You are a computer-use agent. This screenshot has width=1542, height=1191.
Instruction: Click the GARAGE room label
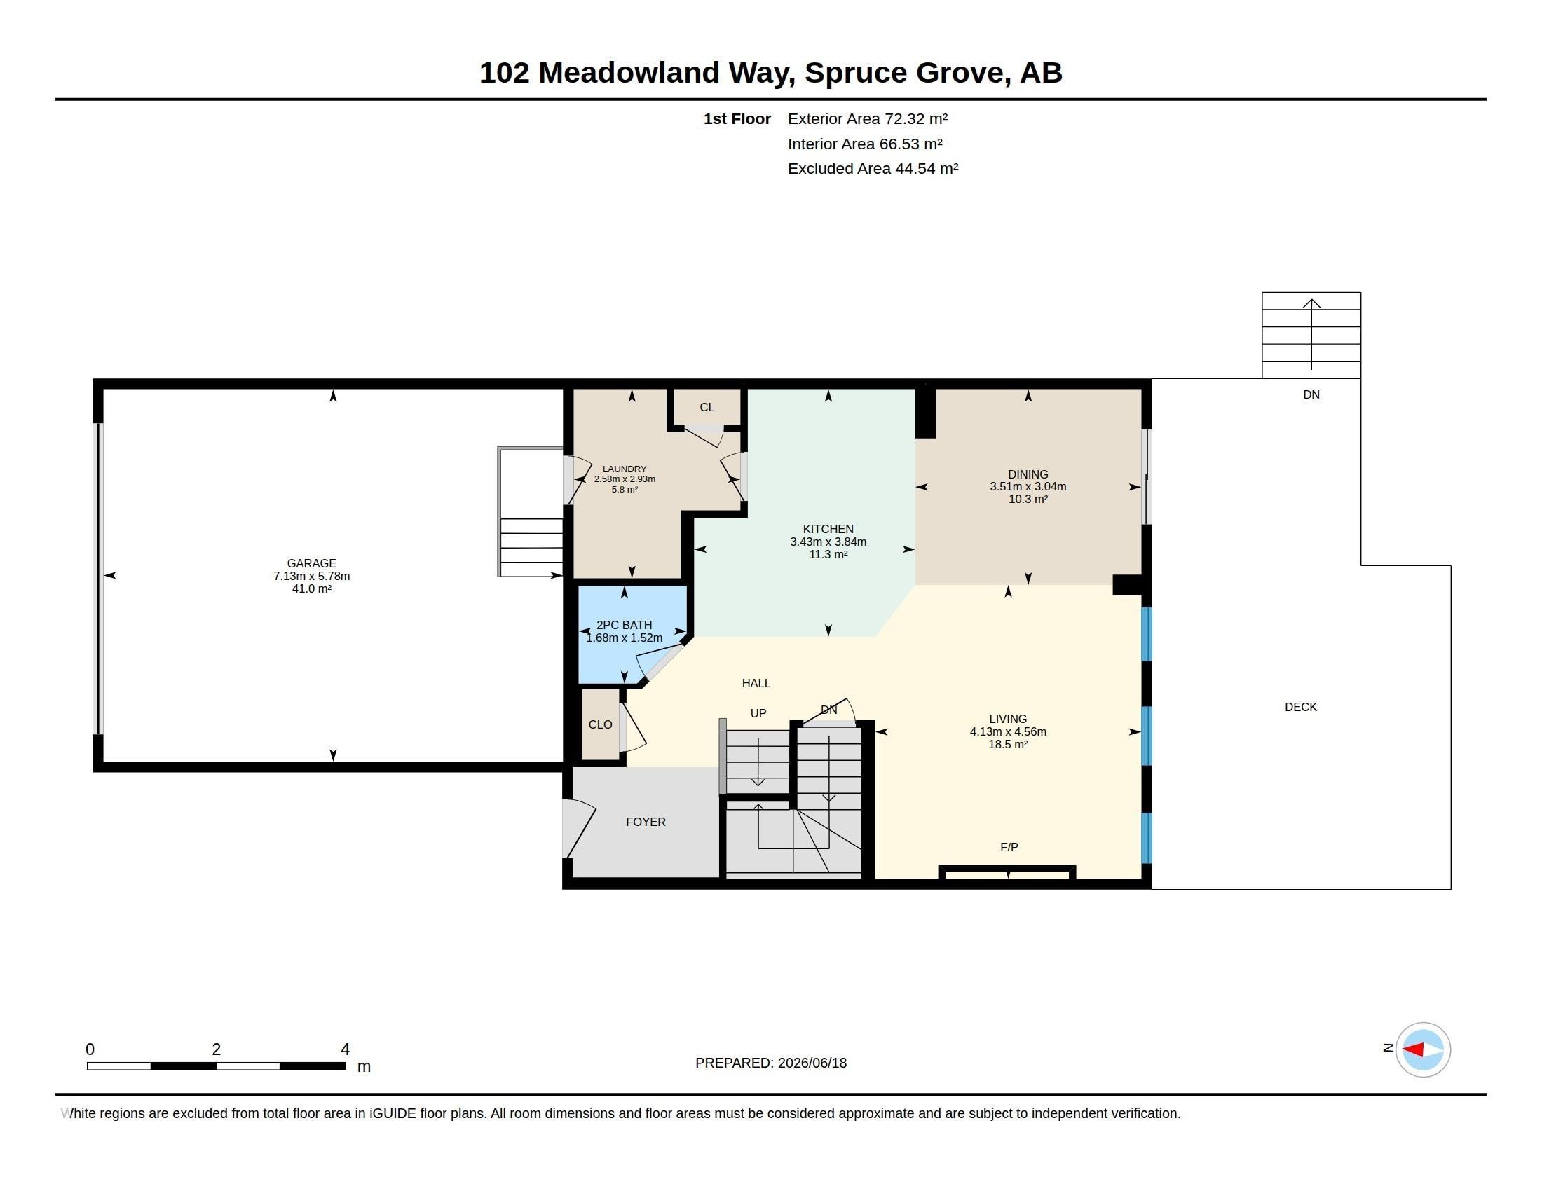(x=311, y=563)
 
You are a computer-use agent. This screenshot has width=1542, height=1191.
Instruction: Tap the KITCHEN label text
(x=828, y=529)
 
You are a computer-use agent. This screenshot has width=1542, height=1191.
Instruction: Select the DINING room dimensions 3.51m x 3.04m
(x=1028, y=486)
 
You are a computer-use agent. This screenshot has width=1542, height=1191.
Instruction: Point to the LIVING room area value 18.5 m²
(x=1008, y=744)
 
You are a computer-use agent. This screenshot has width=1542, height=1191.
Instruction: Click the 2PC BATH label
(x=624, y=625)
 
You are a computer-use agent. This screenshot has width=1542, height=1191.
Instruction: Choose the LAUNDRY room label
(x=625, y=469)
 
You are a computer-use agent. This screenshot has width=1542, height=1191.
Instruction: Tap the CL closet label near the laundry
(x=707, y=407)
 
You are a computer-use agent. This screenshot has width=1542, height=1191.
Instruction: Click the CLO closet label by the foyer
(x=600, y=724)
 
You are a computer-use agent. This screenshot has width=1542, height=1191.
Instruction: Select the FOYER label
(x=646, y=822)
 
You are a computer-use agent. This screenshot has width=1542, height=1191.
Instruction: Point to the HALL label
(x=756, y=683)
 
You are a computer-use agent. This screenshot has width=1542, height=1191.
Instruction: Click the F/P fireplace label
(x=1009, y=847)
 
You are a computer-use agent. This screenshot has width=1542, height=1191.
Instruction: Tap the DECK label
(x=1300, y=707)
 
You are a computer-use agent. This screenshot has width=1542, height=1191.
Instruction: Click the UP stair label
(x=758, y=713)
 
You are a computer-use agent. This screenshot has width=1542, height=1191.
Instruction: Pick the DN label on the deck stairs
(x=1311, y=395)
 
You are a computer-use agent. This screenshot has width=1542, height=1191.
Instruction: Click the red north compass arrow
(x=1413, y=1050)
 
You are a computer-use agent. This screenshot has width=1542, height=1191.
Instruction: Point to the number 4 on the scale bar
(x=346, y=1049)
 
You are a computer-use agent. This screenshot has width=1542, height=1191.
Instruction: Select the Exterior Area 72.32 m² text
(x=868, y=119)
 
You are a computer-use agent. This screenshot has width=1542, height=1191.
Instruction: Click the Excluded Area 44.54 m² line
(x=873, y=169)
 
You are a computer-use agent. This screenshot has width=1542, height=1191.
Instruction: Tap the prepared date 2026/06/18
(x=812, y=1063)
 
